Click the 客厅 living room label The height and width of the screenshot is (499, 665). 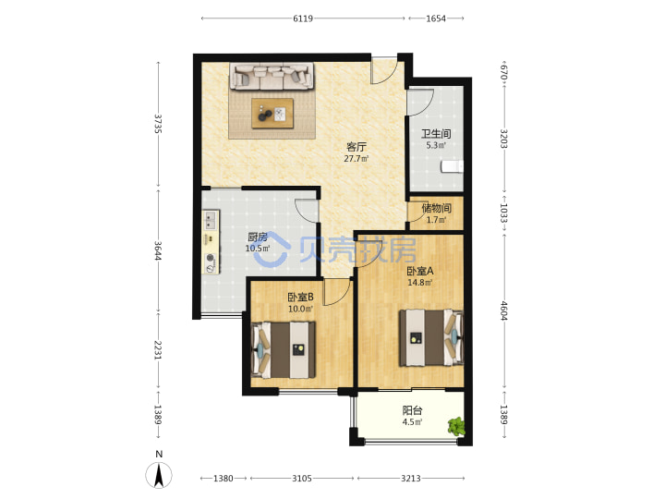coord(357,147)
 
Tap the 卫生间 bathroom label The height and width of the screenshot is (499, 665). coord(436,134)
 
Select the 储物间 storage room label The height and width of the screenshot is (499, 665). coord(436,208)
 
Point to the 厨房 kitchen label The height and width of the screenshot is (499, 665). coord(258,237)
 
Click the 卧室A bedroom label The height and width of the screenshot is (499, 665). coord(420,271)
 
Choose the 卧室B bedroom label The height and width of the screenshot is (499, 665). coord(300,297)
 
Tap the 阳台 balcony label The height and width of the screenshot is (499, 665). coord(412,410)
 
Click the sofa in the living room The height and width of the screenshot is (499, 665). coord(272,77)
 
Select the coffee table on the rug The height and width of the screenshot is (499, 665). coord(272,114)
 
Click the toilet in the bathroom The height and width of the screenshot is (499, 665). coord(452,166)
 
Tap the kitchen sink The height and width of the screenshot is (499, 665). coord(211,220)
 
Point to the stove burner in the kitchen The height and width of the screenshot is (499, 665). coord(210,258)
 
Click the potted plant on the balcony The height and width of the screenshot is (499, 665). coord(456,426)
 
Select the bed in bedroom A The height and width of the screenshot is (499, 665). coord(431,337)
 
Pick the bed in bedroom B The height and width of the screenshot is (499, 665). coord(284,350)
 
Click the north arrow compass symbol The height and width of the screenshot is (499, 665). coord(159,475)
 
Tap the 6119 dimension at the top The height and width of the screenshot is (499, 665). coord(303,18)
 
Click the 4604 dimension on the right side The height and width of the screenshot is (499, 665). coord(503,310)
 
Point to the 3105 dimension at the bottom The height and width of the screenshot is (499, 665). coord(302,479)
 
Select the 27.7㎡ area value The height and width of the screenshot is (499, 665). coord(357,159)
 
